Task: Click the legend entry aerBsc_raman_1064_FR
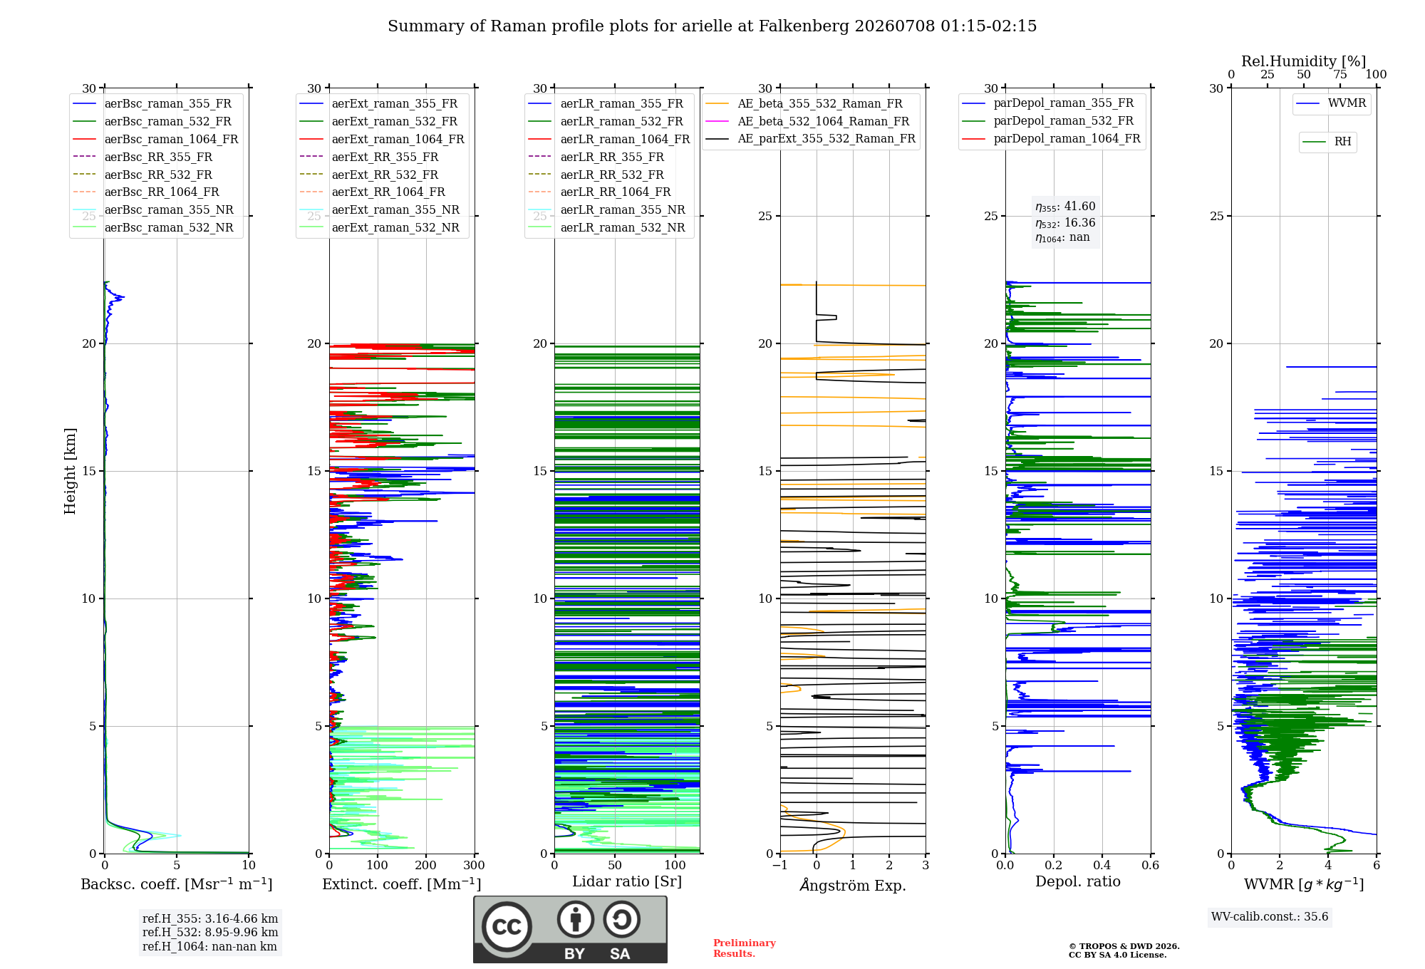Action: (x=155, y=139)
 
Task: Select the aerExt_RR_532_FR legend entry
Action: (x=368, y=175)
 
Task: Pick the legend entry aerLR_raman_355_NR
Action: (x=606, y=209)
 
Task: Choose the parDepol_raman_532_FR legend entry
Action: (x=1047, y=120)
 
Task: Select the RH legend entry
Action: (x=1327, y=142)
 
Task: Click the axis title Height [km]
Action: (x=70, y=471)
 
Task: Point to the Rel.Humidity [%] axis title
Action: (x=1304, y=61)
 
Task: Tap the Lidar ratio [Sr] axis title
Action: (x=627, y=881)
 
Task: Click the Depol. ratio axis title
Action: (x=1078, y=881)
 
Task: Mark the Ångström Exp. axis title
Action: (x=853, y=885)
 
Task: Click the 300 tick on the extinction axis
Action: (x=475, y=865)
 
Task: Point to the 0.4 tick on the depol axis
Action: (x=1102, y=865)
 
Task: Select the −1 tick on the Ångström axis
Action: (x=780, y=865)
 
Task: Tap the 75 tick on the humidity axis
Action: (x=1340, y=74)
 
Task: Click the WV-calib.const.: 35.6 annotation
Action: (x=1270, y=916)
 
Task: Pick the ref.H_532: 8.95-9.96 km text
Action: (x=210, y=932)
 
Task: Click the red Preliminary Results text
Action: (x=745, y=948)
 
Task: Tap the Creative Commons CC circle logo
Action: (x=507, y=926)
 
